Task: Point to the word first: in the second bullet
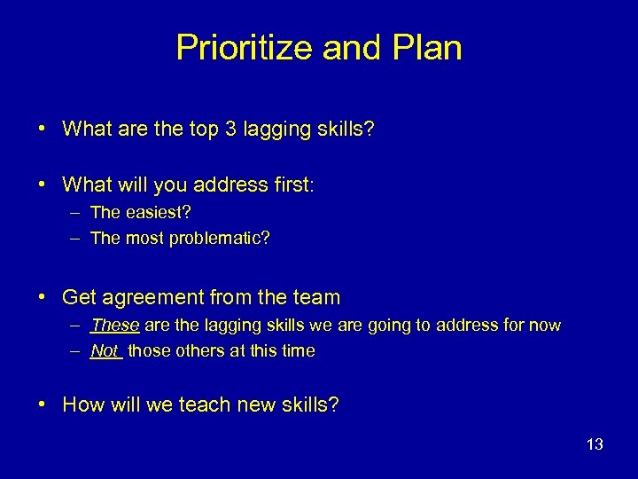point(292,185)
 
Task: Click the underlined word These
point(114,326)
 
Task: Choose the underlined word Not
point(105,350)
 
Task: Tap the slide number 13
point(594,444)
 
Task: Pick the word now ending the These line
point(544,326)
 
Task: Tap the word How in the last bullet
point(83,405)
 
